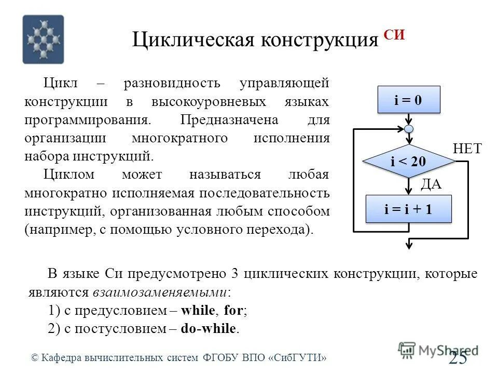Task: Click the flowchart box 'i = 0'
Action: tap(409, 100)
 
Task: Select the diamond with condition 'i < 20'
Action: tap(409, 162)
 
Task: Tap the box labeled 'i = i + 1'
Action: tap(409, 209)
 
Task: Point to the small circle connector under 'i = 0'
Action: tap(409, 128)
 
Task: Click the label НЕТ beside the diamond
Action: tap(467, 149)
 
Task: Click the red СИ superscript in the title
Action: tap(394, 35)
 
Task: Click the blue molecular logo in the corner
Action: tap(43, 39)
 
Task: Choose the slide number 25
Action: tap(458, 358)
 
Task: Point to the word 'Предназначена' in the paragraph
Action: tap(229, 119)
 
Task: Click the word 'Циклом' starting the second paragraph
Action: tap(65, 175)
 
